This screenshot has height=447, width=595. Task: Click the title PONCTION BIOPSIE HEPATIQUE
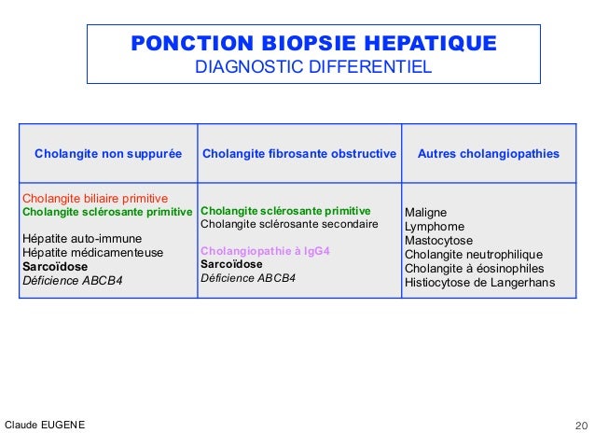(x=313, y=45)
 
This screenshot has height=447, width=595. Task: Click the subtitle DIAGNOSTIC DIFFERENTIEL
(x=313, y=68)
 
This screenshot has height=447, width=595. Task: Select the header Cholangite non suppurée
(x=108, y=152)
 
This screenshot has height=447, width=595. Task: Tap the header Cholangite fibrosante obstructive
(x=299, y=152)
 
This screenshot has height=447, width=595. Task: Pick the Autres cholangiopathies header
(x=489, y=152)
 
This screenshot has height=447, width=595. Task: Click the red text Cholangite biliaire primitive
(x=94, y=199)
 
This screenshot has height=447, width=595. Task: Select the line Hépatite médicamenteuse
(x=92, y=252)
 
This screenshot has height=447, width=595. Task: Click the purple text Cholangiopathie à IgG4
(x=266, y=251)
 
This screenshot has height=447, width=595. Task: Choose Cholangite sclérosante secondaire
(x=289, y=224)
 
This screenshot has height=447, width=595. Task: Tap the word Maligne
(x=425, y=213)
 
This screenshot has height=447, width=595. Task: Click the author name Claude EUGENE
(x=45, y=426)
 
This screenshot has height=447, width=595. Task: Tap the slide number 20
(x=580, y=426)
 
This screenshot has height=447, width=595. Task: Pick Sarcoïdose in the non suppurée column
(x=55, y=266)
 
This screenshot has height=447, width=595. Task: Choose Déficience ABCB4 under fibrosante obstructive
(x=247, y=277)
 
